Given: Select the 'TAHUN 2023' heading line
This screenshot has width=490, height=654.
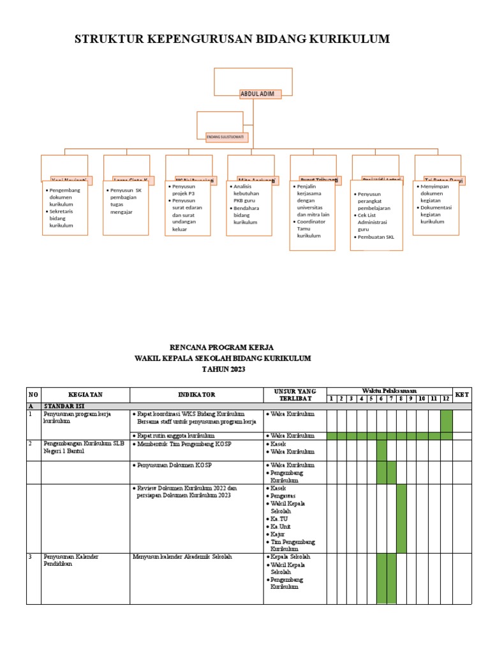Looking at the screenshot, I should [x=223, y=369].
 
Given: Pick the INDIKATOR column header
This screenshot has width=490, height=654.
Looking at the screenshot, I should [x=196, y=395].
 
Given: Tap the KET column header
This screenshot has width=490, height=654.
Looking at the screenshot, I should [x=462, y=395].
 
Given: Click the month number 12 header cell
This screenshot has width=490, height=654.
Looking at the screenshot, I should [x=446, y=399].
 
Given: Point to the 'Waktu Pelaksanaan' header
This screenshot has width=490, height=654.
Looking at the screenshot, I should [x=389, y=390].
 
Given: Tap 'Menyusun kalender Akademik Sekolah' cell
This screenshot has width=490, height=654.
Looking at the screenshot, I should [x=182, y=557].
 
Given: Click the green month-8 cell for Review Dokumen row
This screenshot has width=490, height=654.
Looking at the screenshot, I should [x=401, y=518].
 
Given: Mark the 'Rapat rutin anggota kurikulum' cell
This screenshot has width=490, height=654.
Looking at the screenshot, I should [x=173, y=436].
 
